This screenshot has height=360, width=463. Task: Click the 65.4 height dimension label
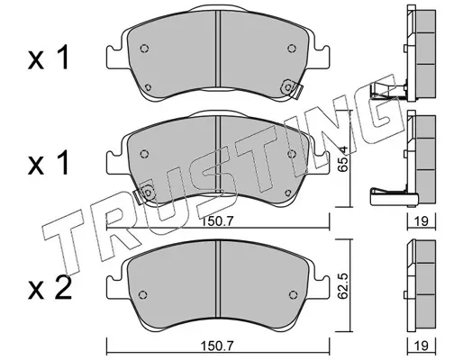pyautogui.click(x=342, y=158)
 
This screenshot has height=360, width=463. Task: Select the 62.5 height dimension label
pyautogui.click(x=342, y=286)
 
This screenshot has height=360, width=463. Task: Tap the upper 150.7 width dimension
pyautogui.click(x=217, y=221)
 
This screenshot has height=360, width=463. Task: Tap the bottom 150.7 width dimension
pyautogui.click(x=217, y=346)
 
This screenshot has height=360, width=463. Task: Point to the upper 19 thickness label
pyautogui.click(x=422, y=221)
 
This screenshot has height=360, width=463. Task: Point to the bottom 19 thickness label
pyautogui.click(x=422, y=346)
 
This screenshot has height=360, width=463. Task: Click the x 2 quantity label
pyautogui.click(x=50, y=287)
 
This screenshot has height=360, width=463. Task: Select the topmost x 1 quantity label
pyautogui.click(x=49, y=58)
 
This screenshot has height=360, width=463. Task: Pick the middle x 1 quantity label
pyautogui.click(x=49, y=163)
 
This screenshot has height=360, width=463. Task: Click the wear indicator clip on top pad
pyautogui.click(x=291, y=88)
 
